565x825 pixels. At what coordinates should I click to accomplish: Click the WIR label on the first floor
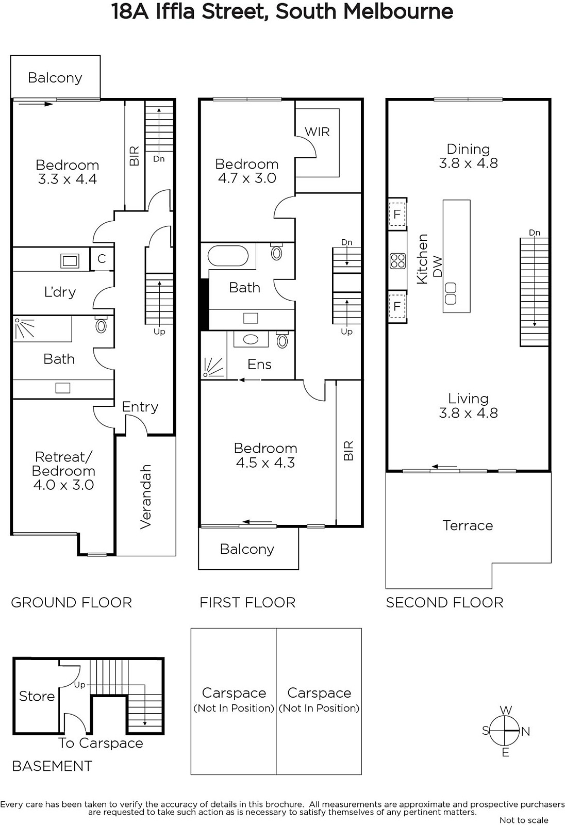[317, 132]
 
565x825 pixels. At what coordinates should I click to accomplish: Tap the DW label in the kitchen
[437, 267]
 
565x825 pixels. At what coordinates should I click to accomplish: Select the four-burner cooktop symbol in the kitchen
[398, 261]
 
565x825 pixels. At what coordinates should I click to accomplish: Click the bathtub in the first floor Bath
[228, 255]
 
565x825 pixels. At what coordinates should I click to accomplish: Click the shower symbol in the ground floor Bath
[24, 328]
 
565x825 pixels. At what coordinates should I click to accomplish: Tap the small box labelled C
[102, 259]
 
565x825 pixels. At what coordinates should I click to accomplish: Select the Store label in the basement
[37, 697]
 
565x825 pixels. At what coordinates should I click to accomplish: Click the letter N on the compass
[526, 732]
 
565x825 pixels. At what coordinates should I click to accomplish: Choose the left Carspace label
[234, 693]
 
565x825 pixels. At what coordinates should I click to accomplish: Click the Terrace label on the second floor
[468, 525]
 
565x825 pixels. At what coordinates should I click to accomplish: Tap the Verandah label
[146, 497]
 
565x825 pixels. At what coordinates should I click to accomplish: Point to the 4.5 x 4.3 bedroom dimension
[265, 463]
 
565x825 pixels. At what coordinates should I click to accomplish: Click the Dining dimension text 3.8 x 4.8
[468, 163]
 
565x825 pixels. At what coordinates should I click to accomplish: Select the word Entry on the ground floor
[140, 407]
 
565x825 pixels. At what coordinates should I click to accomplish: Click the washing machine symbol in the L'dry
[70, 261]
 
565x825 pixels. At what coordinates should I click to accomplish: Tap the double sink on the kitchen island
[451, 293]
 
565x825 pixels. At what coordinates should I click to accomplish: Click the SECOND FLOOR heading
[444, 603]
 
